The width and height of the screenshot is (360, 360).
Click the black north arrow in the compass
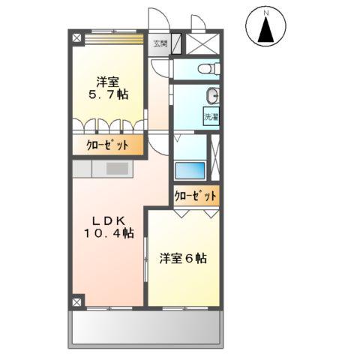266,31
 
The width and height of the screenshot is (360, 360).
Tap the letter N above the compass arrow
266,12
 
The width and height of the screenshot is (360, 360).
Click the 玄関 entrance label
160,43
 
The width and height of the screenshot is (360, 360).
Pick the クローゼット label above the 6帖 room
196,196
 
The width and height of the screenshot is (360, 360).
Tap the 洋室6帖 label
183,259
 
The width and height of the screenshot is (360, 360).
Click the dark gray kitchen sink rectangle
117,169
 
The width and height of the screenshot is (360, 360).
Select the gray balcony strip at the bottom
147,327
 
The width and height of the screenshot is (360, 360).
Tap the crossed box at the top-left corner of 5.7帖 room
76,36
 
